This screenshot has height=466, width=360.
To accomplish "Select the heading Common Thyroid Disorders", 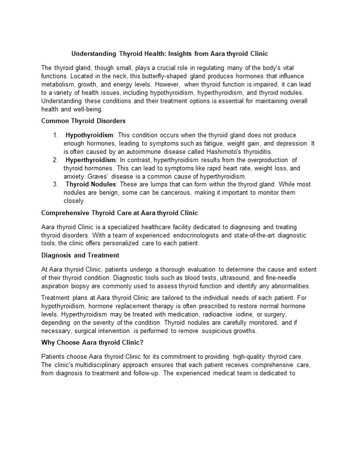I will [x=84, y=120].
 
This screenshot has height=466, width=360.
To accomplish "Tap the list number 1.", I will [x=56, y=135].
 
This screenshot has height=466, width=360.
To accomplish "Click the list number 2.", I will [x=56, y=160].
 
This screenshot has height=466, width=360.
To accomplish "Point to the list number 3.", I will [x=56, y=184].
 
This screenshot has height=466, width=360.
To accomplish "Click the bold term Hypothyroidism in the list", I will [x=89, y=135].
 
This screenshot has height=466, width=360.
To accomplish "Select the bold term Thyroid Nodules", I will [x=91, y=184].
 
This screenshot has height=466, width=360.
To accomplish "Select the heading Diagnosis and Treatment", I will [x=80, y=255].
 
